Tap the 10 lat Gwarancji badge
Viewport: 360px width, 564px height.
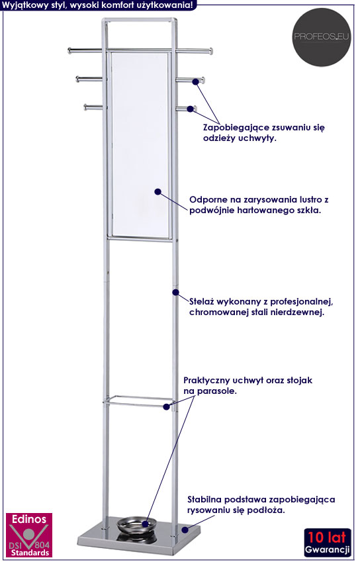(328, 542)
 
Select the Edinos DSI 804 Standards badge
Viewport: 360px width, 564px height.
(29, 535)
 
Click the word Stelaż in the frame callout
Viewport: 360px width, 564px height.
(201, 301)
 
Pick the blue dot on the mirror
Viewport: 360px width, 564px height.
(158, 192)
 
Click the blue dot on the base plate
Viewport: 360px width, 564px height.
(185, 530)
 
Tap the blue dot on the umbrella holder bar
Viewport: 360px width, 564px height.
(166, 407)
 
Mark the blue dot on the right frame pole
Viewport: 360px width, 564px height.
(175, 292)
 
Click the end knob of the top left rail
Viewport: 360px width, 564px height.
(69, 50)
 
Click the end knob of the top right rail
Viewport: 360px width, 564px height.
(211, 51)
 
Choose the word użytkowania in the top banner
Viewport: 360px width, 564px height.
(165, 5)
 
